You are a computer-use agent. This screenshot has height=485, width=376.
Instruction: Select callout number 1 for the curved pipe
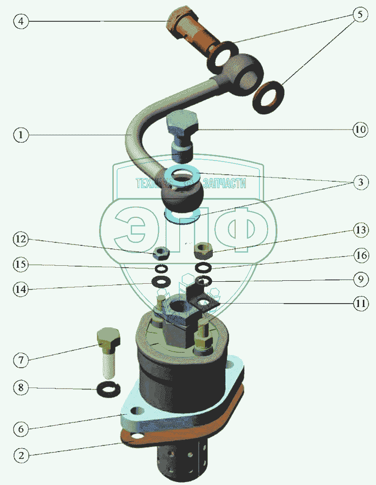(x=20, y=135)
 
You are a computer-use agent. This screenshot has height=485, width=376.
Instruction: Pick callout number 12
(x=21, y=239)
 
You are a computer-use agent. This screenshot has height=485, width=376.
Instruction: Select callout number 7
(x=21, y=360)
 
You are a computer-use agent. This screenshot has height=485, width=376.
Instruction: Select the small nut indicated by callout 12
(x=160, y=252)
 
